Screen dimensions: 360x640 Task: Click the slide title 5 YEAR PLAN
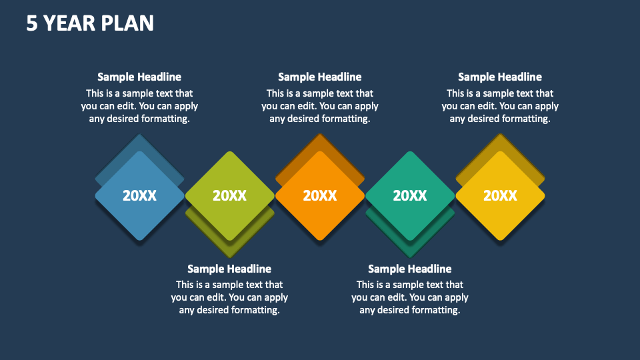tap(90, 23)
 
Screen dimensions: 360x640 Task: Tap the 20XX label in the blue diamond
tap(139, 195)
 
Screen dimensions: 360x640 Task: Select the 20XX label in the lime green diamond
tap(229, 195)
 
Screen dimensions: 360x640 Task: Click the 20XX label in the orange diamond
tap(320, 195)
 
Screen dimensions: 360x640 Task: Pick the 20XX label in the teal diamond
tap(410, 195)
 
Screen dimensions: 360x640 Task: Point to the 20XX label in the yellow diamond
tap(500, 195)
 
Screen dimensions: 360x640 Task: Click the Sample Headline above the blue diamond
tap(139, 77)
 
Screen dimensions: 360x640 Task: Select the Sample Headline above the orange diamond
tap(320, 77)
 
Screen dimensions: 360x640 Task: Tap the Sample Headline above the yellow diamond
tap(500, 77)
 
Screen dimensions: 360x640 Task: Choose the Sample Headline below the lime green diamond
tap(229, 269)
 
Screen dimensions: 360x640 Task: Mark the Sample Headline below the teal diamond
tap(410, 269)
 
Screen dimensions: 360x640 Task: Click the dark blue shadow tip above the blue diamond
tap(139, 142)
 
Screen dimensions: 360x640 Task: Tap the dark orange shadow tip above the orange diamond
tap(320, 142)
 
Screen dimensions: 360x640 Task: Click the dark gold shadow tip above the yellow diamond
tap(500, 142)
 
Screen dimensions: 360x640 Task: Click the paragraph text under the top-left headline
tap(139, 106)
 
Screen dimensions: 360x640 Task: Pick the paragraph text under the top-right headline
tap(500, 106)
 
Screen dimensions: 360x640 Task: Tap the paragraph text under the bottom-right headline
tap(410, 297)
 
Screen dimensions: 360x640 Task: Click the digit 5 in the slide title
tap(32, 23)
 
